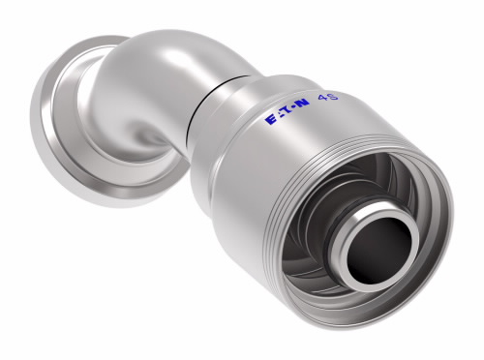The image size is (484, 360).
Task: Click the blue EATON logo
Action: coord(287,111)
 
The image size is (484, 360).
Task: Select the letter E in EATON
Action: coord(270,120)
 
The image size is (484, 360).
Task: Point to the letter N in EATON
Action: coord(303,104)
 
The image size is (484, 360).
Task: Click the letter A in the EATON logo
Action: coord(279,116)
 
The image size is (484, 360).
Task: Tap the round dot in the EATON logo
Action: coord(293,109)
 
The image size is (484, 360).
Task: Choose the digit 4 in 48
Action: coord(323,98)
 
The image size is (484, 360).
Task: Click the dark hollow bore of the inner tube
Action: coord(378,251)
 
